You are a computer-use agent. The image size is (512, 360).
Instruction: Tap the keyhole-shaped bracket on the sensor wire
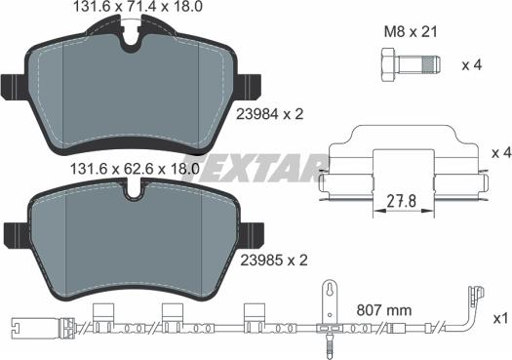pyautogui.click(x=331, y=294)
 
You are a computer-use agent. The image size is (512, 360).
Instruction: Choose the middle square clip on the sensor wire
pyautogui.click(x=174, y=314)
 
